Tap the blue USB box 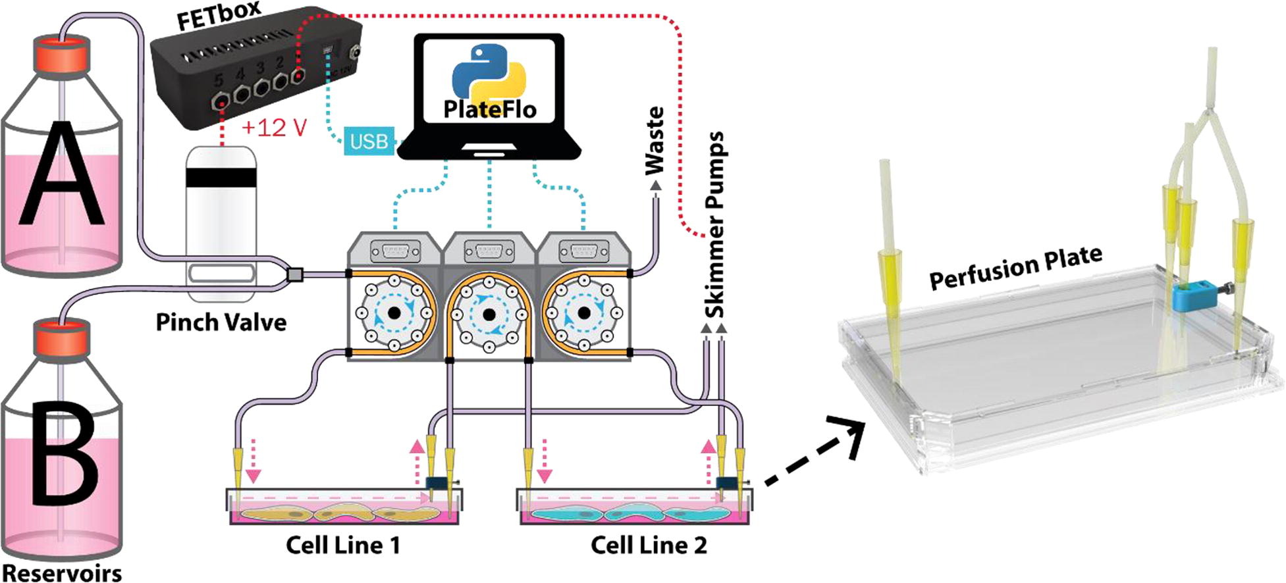[x=368, y=141]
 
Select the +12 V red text [x=274, y=127]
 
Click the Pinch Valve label [x=221, y=322]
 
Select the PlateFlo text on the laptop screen [x=490, y=108]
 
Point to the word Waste [x=655, y=141]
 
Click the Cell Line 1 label [x=342, y=545]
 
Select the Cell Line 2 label [x=648, y=545]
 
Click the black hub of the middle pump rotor [x=489, y=315]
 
